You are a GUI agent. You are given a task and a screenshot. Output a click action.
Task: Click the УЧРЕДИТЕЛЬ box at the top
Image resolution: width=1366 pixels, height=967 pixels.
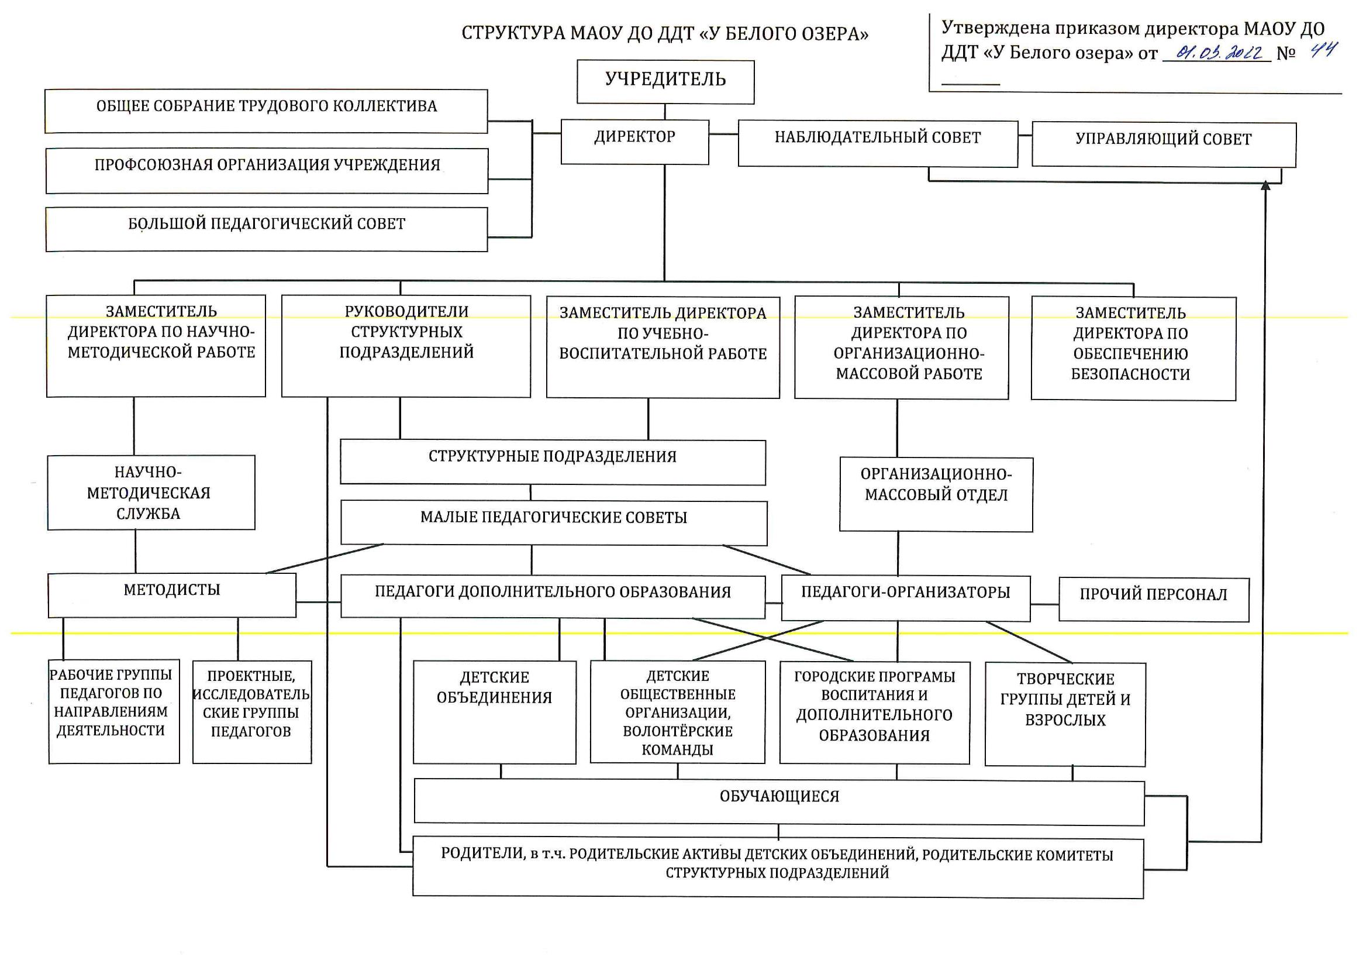(665, 82)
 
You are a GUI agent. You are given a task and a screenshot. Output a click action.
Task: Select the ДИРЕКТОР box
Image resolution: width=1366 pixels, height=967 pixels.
(634, 142)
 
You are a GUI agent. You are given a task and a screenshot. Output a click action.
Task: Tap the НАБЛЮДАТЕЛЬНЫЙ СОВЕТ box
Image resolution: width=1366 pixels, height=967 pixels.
(878, 144)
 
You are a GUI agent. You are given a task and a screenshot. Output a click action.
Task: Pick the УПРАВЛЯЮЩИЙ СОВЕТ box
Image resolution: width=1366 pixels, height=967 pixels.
(1164, 145)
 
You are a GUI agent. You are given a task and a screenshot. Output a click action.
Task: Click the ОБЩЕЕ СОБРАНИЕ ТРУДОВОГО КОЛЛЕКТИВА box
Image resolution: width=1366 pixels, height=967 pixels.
(266, 111)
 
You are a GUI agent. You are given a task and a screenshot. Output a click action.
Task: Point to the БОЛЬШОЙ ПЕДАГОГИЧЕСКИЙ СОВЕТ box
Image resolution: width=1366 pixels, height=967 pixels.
(267, 229)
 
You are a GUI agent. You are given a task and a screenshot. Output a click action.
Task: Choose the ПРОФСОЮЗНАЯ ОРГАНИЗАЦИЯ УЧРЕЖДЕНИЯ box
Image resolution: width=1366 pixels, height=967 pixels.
(267, 171)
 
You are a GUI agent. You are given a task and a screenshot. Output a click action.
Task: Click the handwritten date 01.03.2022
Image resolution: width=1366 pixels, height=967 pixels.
(1218, 53)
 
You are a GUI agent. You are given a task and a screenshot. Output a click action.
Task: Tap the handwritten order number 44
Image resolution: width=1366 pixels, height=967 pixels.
(1323, 50)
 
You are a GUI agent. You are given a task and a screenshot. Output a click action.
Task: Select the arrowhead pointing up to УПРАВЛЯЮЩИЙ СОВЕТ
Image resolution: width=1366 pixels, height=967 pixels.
(1266, 185)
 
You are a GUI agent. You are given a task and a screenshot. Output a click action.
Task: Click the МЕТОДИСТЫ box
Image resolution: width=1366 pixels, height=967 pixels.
(172, 595)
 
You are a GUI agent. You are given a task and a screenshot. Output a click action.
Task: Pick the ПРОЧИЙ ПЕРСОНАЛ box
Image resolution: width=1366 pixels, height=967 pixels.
(1154, 600)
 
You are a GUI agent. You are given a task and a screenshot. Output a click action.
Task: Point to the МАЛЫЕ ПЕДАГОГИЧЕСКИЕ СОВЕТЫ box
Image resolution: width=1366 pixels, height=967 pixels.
(554, 523)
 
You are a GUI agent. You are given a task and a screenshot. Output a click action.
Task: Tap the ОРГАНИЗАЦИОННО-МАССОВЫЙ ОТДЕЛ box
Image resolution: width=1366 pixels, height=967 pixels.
(936, 494)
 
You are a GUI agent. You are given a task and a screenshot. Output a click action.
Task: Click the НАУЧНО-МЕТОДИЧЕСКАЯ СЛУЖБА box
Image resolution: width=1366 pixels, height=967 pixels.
(151, 493)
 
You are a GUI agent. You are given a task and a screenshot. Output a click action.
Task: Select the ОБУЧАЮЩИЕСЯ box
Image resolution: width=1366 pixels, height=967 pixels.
(779, 803)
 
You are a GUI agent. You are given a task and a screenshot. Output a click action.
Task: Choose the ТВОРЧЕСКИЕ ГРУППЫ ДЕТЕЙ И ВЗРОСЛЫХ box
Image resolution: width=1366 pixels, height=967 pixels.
(1065, 714)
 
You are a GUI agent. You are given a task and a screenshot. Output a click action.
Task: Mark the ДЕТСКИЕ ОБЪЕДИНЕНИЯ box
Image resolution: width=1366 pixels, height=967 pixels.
(495, 712)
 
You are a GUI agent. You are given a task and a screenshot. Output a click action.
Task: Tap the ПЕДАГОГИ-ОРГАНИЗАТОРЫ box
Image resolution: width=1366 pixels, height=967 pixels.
(906, 598)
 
